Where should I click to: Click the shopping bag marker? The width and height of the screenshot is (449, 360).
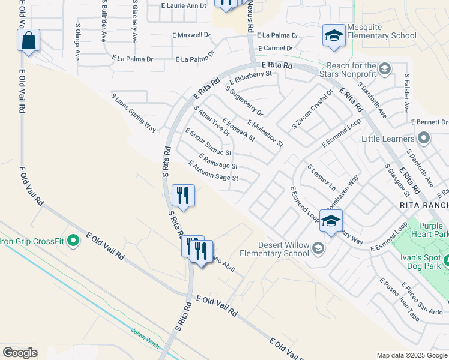pyautogui.click(x=28, y=41)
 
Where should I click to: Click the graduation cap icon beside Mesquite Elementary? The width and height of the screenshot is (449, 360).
pyautogui.click(x=334, y=35)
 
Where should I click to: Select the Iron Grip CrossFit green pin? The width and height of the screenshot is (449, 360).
pyautogui.click(x=73, y=241)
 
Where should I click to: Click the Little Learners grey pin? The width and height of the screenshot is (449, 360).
pyautogui.click(x=424, y=139)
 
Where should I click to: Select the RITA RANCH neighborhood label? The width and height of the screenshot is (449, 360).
pyautogui.click(x=424, y=205)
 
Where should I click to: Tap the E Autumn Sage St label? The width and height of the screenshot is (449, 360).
pyautogui.click(x=214, y=171)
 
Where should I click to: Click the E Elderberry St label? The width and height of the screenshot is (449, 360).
pyautogui.click(x=251, y=79)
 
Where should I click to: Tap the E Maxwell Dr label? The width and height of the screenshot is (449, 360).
pyautogui.click(x=191, y=35)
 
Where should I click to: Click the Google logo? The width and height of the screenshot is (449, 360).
pyautogui.click(x=20, y=353)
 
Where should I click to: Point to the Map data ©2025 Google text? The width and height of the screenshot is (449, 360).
pyautogui.click(x=411, y=355)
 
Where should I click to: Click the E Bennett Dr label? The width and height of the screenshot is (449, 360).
pyautogui.click(x=429, y=122)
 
